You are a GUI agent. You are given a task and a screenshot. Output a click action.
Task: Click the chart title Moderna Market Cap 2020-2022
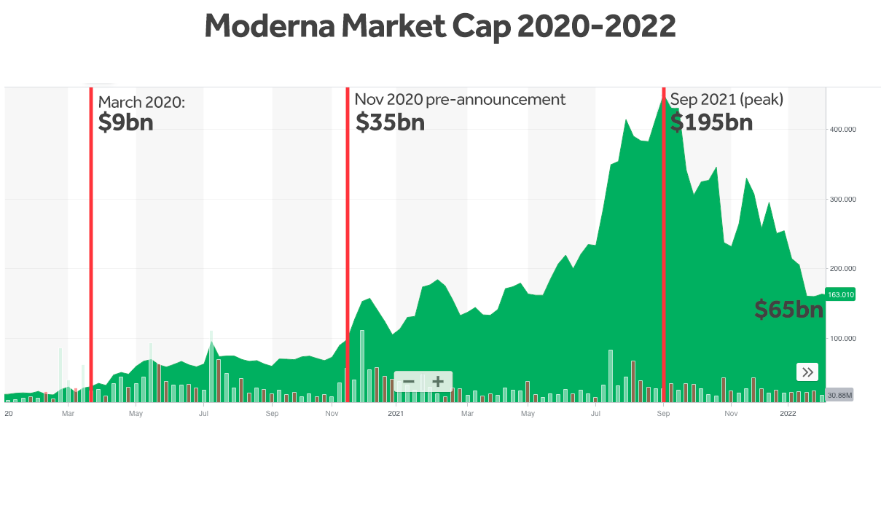(440, 27)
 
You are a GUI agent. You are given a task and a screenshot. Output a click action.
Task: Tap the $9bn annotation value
(125, 122)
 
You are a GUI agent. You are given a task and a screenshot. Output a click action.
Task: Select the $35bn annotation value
(390, 122)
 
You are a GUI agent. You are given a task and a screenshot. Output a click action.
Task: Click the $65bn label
(788, 310)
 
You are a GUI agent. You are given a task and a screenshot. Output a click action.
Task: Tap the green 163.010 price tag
(840, 294)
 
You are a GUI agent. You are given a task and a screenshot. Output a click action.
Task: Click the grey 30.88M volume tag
(839, 395)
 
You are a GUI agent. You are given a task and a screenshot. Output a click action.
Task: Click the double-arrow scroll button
(807, 372)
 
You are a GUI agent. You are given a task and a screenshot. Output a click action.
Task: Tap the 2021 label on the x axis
(396, 414)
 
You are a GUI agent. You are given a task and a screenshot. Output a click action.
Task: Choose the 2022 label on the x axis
(788, 414)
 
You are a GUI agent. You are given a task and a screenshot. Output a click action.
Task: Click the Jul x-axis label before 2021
(204, 414)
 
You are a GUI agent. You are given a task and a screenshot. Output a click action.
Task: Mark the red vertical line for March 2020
(91, 244)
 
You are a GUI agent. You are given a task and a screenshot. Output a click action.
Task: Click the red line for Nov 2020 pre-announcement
(348, 244)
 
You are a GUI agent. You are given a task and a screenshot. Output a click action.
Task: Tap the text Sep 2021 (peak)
(727, 99)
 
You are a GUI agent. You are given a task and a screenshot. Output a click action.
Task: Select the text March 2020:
(141, 102)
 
